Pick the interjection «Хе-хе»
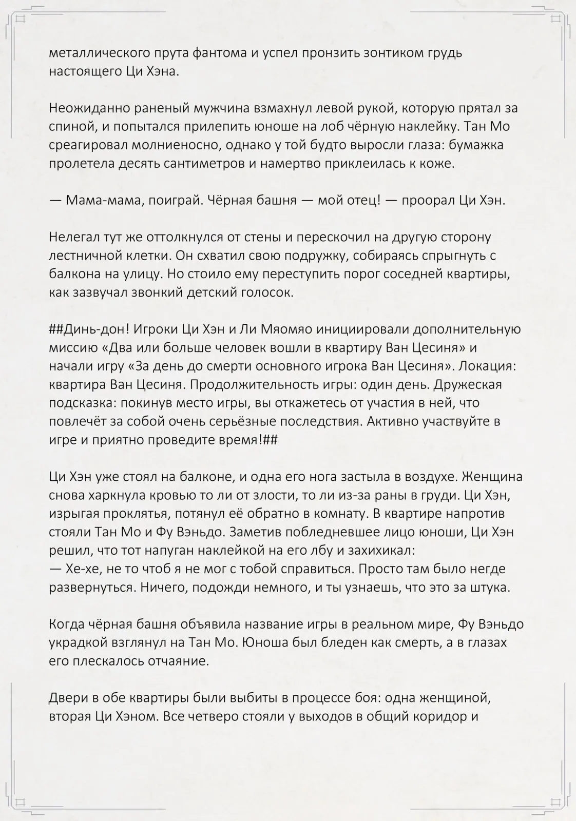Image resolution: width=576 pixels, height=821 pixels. [x=81, y=570]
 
